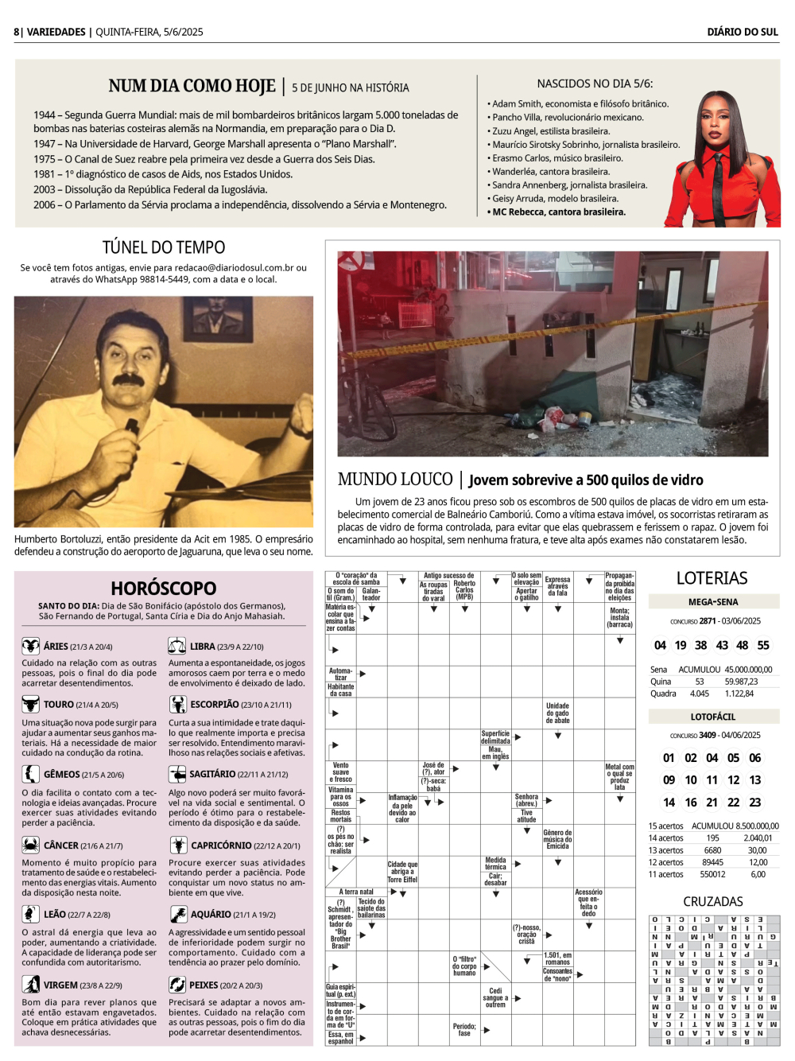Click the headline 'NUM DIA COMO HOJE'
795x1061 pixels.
(x=192, y=86)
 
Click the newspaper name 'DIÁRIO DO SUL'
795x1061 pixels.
(x=743, y=32)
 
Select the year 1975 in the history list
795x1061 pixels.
(x=44, y=159)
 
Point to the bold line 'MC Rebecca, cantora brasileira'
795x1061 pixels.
(x=558, y=212)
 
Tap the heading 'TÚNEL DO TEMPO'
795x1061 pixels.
(x=164, y=247)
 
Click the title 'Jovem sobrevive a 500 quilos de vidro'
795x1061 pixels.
(x=586, y=480)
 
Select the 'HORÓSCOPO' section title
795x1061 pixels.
(x=163, y=589)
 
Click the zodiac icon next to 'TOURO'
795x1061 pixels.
(x=30, y=704)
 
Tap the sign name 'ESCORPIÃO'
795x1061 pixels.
(x=214, y=705)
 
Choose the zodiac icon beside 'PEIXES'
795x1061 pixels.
(x=176, y=985)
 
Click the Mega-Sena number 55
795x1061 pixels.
(x=763, y=645)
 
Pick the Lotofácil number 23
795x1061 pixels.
(x=754, y=803)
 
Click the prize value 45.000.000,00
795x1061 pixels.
(x=748, y=670)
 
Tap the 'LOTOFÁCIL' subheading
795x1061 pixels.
(x=713, y=717)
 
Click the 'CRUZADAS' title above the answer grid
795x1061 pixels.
(x=713, y=901)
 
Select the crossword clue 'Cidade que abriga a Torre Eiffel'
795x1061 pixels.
(x=402, y=872)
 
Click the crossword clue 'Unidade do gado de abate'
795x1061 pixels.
(x=557, y=713)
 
